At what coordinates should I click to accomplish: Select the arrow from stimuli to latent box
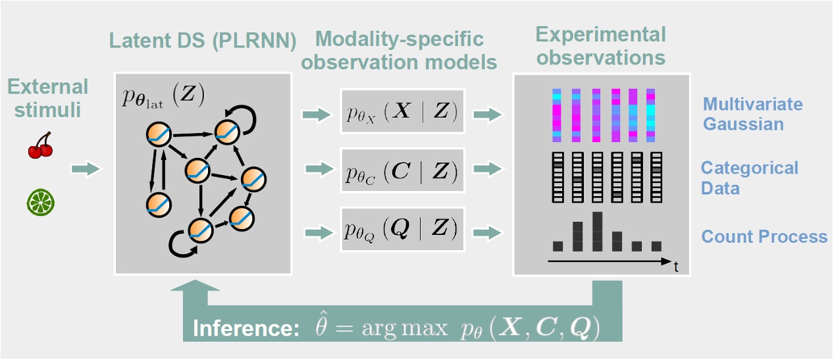pos(86,170)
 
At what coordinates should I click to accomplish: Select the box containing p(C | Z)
pos(403,171)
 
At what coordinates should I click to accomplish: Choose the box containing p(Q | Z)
pos(403,230)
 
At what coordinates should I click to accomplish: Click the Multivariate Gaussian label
pos(752,114)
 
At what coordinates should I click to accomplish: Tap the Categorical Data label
pos(748,178)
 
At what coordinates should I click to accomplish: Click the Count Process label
pos(764,236)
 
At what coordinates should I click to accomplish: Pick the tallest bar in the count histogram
pos(597,232)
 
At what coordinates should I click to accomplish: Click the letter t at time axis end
pos(676,267)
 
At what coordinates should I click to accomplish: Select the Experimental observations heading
pos(600,46)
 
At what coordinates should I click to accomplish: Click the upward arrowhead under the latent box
pos(196,288)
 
